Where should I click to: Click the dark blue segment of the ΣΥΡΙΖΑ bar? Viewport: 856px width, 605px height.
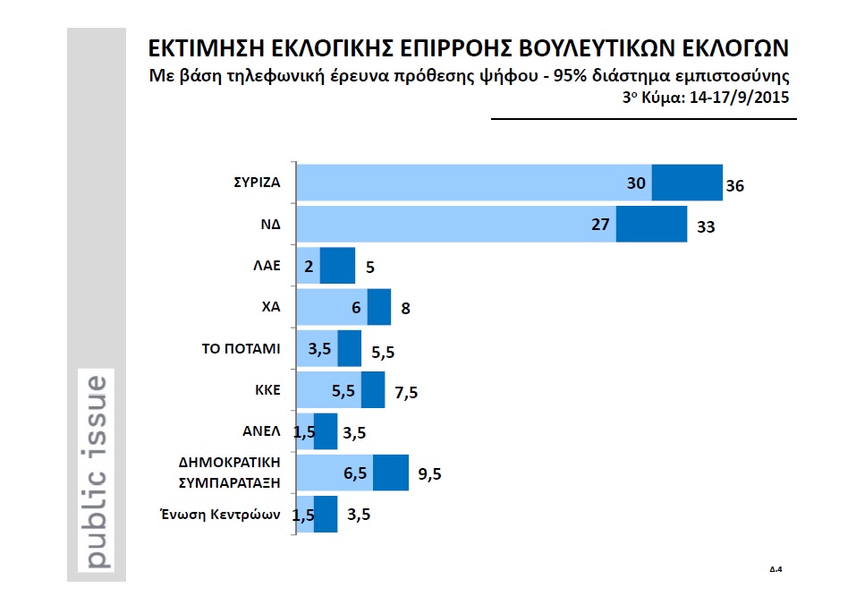[x=687, y=183]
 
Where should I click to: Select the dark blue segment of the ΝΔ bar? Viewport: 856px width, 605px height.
[x=651, y=224]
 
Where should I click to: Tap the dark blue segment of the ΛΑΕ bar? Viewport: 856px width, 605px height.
[x=338, y=266]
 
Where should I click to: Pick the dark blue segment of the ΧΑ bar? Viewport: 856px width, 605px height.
[x=379, y=307]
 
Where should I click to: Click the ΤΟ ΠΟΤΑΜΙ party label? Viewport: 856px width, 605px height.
[x=241, y=348]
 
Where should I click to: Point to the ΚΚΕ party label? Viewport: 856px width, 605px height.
[x=268, y=389]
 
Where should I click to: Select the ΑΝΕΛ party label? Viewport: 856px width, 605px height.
[x=262, y=430]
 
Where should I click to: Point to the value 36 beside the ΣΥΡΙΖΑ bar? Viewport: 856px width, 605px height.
[x=735, y=187]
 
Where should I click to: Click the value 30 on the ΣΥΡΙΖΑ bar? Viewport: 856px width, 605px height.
[x=636, y=183]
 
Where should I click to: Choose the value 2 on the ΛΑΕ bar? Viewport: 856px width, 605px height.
[x=308, y=266]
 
